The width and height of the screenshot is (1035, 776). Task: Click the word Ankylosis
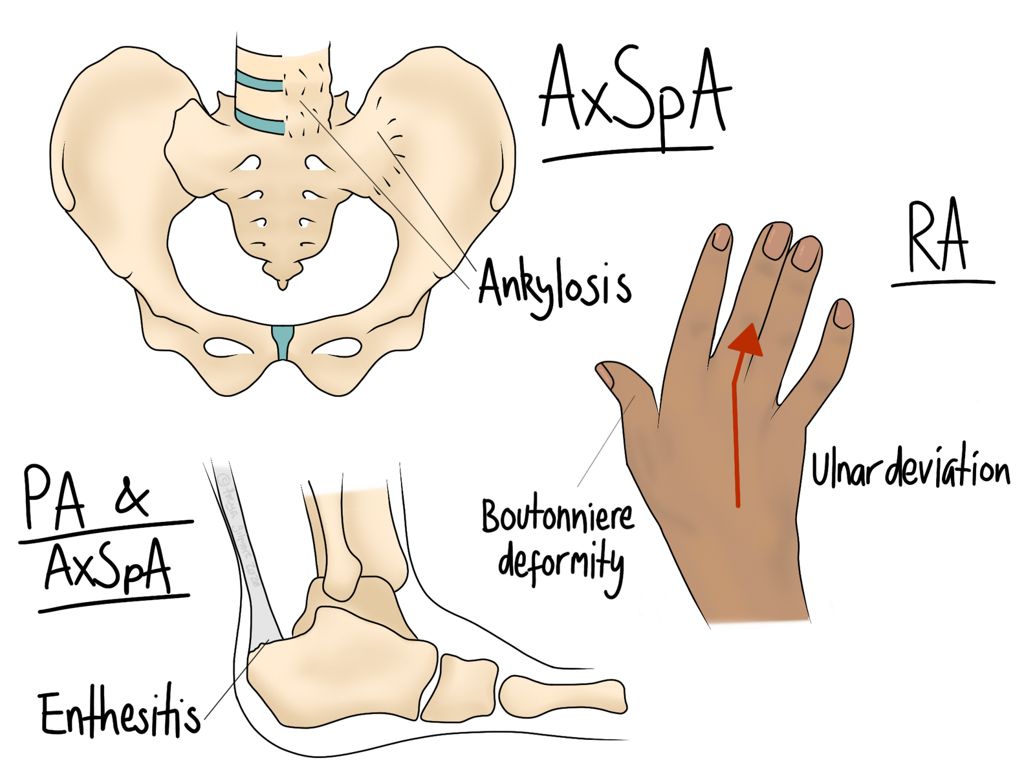click(x=554, y=287)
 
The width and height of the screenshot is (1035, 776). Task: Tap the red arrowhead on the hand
click(x=746, y=339)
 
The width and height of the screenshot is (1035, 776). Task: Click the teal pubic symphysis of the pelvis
click(x=283, y=343)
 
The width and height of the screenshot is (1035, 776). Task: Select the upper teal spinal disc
click(x=259, y=83)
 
